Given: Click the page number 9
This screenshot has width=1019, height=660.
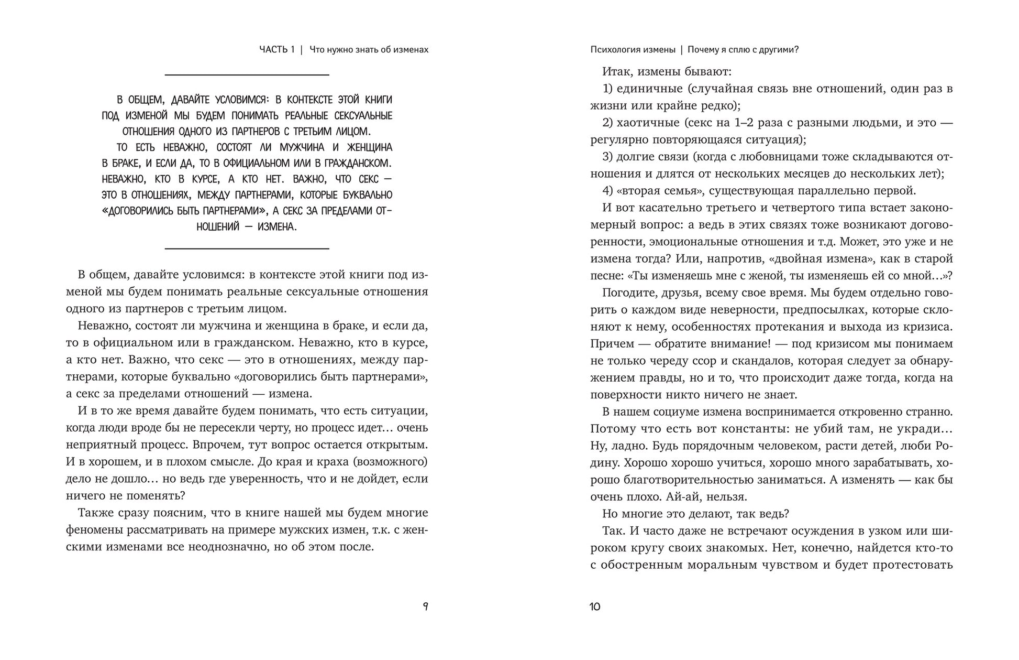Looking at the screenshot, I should click(x=425, y=607).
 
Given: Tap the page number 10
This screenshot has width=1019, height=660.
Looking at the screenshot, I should click(x=595, y=607).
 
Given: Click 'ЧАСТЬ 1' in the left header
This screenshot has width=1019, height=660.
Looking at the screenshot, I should click(x=277, y=50).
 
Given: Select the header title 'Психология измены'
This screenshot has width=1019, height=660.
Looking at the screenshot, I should click(x=633, y=50).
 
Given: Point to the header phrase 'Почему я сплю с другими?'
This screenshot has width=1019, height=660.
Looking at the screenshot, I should click(x=743, y=50).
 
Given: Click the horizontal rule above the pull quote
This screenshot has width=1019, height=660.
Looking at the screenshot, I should click(x=247, y=75).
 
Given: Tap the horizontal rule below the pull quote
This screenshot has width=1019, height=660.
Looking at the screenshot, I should click(x=247, y=248).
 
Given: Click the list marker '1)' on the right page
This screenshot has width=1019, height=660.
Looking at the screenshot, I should click(x=607, y=89).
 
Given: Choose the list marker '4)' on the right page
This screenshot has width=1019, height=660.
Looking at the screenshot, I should click(x=607, y=190).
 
